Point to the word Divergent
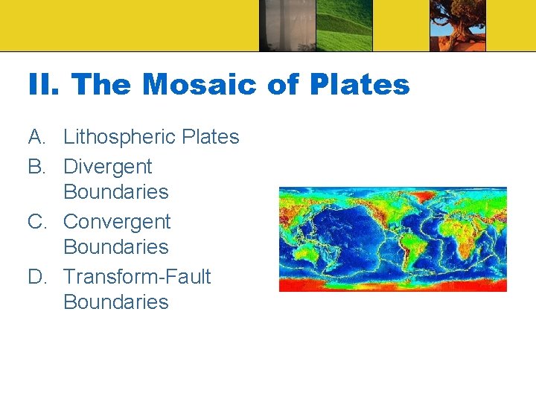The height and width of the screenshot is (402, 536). [x=107, y=167]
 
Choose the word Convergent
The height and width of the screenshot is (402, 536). [x=117, y=222]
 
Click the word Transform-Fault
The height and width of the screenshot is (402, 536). [x=137, y=277]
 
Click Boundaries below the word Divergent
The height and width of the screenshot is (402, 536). [x=116, y=192]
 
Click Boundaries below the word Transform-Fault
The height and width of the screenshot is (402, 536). [x=116, y=302]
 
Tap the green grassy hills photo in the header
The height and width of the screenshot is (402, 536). [x=344, y=26]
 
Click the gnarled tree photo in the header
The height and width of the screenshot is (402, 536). [x=457, y=26]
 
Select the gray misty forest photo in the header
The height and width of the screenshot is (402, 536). [x=287, y=26]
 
